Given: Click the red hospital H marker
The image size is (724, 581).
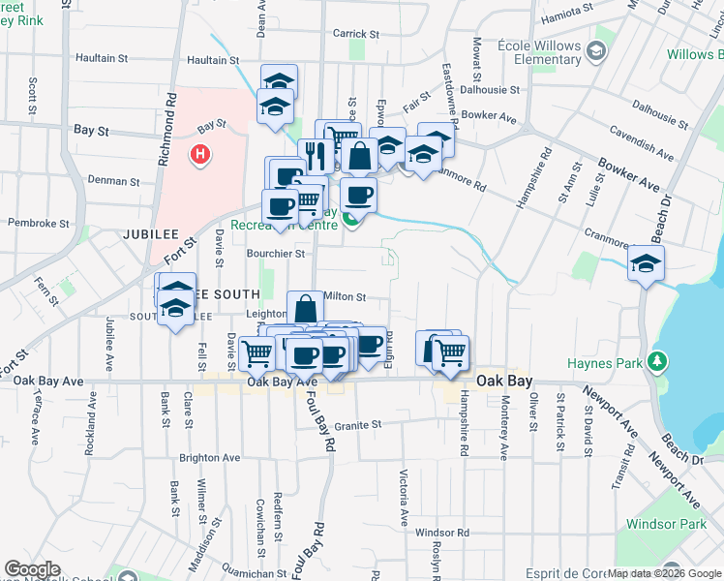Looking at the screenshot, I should [199, 153].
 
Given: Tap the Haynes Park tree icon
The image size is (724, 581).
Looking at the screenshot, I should [659, 361].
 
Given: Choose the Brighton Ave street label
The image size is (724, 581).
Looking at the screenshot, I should [209, 457].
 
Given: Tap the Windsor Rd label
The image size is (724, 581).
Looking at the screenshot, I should [441, 533].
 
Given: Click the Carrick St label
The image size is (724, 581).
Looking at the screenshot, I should [354, 33].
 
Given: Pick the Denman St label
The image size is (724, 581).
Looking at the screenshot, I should [114, 180].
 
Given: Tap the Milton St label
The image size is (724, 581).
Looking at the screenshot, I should [346, 297].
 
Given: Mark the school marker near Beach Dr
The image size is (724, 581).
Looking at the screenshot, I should [646, 262].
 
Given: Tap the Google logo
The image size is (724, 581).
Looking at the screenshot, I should [32, 569].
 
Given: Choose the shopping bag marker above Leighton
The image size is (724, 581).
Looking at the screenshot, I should [305, 309].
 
